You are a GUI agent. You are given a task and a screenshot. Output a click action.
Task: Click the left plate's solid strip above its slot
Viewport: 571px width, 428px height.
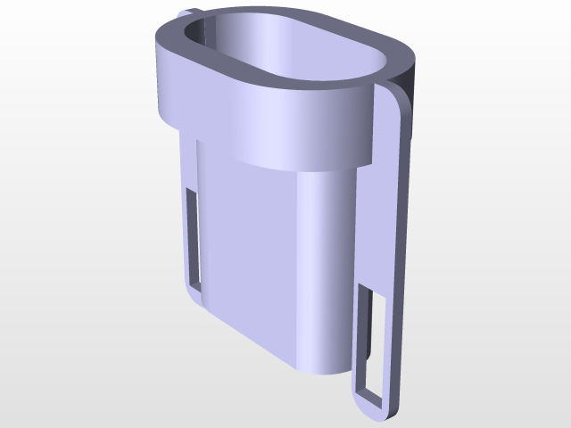click(x=189, y=165)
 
